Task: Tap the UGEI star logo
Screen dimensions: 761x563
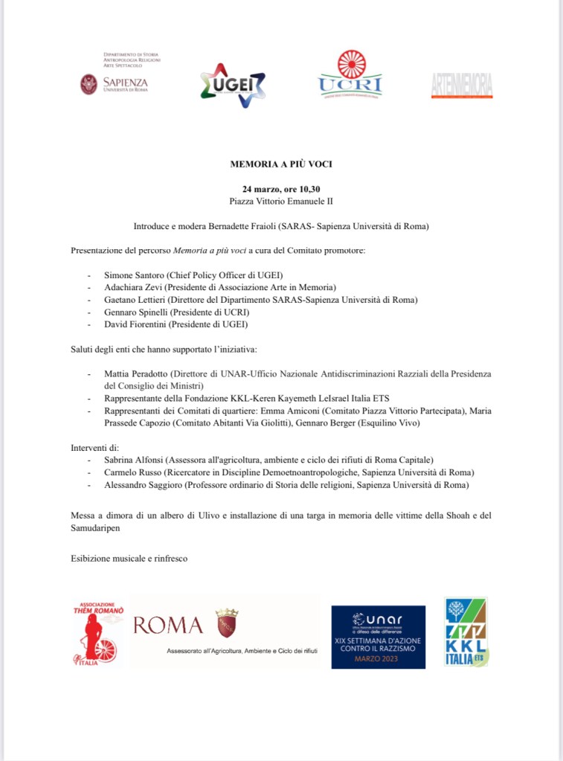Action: tap(233, 84)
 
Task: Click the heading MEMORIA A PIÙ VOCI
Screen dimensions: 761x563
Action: tap(280, 163)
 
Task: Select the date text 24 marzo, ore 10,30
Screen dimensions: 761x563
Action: tap(280, 189)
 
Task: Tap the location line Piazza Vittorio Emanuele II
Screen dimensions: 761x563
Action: tap(280, 201)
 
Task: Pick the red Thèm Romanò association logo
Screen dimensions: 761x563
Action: tap(97, 633)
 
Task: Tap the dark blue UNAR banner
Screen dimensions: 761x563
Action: tap(378, 637)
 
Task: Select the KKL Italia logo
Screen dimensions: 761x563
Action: tap(466, 632)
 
